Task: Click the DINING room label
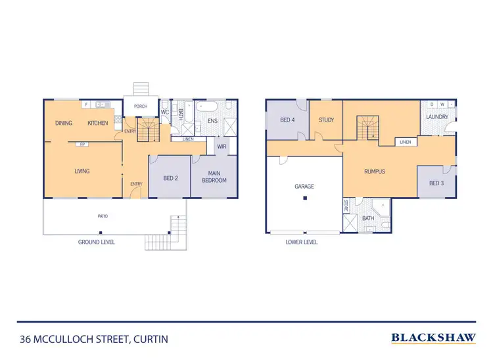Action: (x=64, y=124)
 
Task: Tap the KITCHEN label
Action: (x=98, y=124)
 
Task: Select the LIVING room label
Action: (x=82, y=171)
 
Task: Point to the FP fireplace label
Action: (x=82, y=144)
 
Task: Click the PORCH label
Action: (x=140, y=106)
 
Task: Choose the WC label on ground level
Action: (x=165, y=112)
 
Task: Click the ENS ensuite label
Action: (x=212, y=121)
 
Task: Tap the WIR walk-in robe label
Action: (x=222, y=146)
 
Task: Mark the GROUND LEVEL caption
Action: (x=96, y=242)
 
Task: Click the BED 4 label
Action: (x=287, y=120)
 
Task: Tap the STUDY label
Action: (x=326, y=120)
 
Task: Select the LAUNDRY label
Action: (x=436, y=117)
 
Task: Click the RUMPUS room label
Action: (x=374, y=171)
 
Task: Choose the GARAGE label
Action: (x=304, y=187)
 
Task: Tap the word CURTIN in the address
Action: (x=151, y=340)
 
